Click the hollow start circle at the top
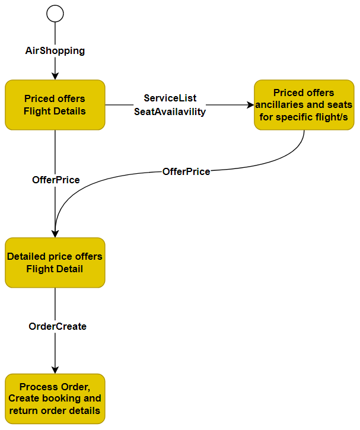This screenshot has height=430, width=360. pyautogui.click(x=55, y=13)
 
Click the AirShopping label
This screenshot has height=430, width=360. pyautogui.click(x=55, y=51)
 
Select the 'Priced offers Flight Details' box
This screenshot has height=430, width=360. pyautogui.click(x=55, y=104)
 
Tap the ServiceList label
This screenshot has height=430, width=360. pyautogui.click(x=170, y=98)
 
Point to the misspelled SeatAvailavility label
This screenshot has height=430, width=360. pyautogui.click(x=170, y=111)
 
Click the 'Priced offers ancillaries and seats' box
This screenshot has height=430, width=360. pyautogui.click(x=304, y=104)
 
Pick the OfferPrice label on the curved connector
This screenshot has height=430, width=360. pyautogui.click(x=186, y=171)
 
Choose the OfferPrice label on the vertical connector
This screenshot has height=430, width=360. pyautogui.click(x=56, y=179)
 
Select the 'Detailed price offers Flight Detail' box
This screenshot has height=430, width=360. pyautogui.click(x=55, y=263)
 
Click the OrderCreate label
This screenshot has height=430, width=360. pyautogui.click(x=58, y=326)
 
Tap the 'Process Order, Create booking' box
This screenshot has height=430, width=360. pyautogui.click(x=55, y=399)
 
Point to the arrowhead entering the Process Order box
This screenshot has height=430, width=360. pyautogui.click(x=55, y=370)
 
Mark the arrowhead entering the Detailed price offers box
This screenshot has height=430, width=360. pyautogui.click(x=55, y=234)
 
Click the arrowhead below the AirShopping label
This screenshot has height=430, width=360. pyautogui.click(x=55, y=76)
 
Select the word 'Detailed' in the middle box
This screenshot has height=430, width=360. pyautogui.click(x=27, y=257)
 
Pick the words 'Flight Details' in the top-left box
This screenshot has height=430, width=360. pyautogui.click(x=55, y=111)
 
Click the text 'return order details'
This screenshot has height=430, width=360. pyautogui.click(x=55, y=410)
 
